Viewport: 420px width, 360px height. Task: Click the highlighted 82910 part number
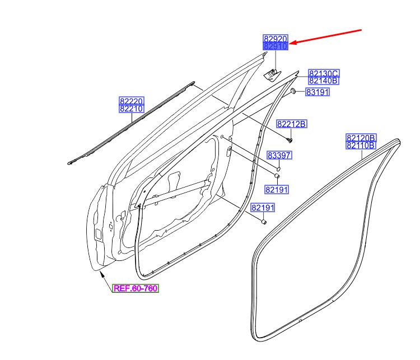276,46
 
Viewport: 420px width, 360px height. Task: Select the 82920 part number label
276,39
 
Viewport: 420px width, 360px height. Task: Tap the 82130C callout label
324,73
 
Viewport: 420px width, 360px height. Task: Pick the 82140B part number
324,81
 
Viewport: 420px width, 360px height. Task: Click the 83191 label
318,92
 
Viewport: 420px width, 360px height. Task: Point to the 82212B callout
292,124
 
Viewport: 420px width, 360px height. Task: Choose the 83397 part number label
279,155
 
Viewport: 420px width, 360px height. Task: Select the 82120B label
361,138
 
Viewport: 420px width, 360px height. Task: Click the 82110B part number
361,146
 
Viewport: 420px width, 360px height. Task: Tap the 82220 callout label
132,101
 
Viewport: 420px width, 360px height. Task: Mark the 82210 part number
132,109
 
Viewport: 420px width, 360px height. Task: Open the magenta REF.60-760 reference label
136,288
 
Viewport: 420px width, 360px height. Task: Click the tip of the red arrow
290,44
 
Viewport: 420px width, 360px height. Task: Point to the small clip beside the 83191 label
293,91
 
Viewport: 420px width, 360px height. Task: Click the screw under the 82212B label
290,140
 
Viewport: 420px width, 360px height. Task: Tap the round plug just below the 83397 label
278,169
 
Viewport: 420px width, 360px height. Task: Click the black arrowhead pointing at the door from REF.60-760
102,274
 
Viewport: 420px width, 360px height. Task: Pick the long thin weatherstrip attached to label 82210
131,123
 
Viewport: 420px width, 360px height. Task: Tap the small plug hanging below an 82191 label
264,222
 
